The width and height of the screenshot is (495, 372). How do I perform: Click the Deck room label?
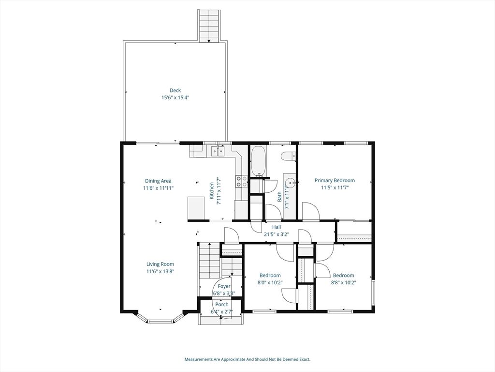(x=175, y=91)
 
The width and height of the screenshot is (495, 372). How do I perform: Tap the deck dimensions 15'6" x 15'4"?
(x=175, y=98)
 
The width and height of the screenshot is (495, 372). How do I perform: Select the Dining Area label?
(x=158, y=181)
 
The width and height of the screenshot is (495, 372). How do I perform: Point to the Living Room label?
(x=160, y=264)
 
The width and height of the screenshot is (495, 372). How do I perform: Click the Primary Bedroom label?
(x=335, y=180)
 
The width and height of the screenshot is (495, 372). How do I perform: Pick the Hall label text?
(x=277, y=227)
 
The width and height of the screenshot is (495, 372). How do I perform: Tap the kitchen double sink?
(x=217, y=152)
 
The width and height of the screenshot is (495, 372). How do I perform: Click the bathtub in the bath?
(x=259, y=161)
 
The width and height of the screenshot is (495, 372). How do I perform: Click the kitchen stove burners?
(x=242, y=181)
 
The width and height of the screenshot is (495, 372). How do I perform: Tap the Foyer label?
(x=224, y=286)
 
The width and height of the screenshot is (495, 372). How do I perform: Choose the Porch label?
(x=222, y=304)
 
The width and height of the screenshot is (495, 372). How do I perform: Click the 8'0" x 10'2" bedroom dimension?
(x=270, y=282)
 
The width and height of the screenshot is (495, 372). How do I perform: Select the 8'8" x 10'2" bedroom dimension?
(x=344, y=282)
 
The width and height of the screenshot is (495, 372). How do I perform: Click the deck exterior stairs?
(x=209, y=26)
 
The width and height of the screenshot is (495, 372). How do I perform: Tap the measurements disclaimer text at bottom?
(x=247, y=359)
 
